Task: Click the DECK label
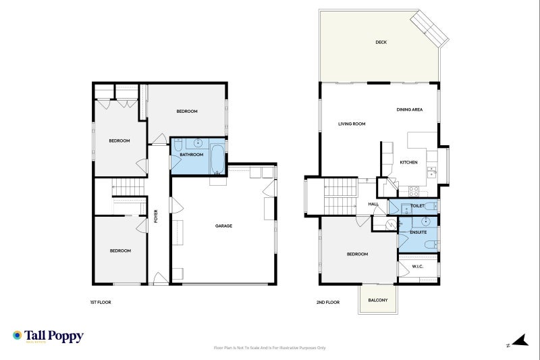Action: [x=381, y=43]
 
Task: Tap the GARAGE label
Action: [x=223, y=226]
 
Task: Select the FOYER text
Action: [x=156, y=216]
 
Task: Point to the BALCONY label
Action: [x=378, y=300]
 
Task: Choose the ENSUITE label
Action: [x=418, y=232]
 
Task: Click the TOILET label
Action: [x=417, y=206]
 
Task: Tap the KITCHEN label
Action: [x=409, y=162]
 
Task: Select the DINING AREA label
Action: [x=410, y=109]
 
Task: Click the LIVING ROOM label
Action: [x=352, y=124]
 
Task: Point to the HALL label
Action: [x=373, y=204]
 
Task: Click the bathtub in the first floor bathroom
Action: [x=217, y=159]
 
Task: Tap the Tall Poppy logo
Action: [x=48, y=336]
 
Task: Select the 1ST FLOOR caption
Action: [x=100, y=302]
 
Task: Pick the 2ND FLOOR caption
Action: [x=328, y=302]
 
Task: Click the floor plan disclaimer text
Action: [x=269, y=348]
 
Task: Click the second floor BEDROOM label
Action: [x=357, y=254]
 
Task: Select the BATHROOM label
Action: [x=191, y=155]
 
